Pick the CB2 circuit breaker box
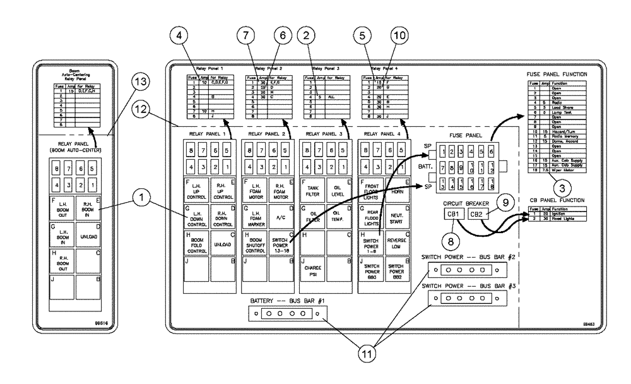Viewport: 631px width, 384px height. (x=479, y=215)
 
